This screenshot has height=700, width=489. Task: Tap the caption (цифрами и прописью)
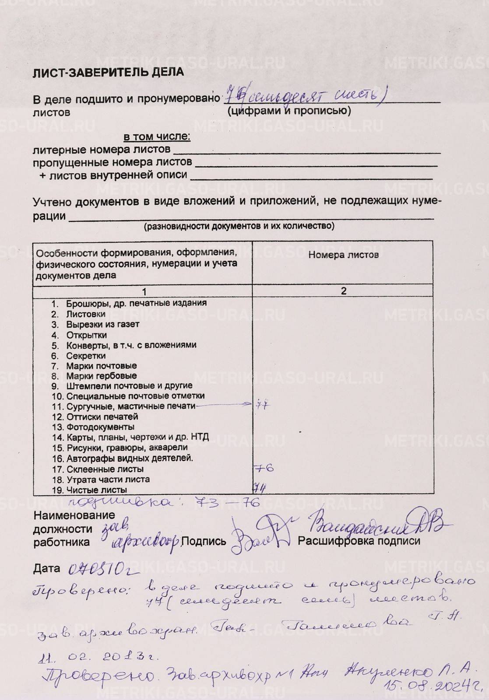click(289, 111)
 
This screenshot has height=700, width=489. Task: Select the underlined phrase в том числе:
click(157, 137)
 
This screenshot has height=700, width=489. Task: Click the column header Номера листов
click(343, 255)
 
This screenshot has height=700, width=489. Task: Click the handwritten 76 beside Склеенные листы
click(264, 468)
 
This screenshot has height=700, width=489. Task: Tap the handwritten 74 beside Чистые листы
click(260, 487)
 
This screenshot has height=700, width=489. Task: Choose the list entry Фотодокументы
click(100, 427)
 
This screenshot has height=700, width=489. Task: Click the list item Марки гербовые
click(101, 376)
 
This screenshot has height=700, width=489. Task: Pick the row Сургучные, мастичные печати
click(130, 406)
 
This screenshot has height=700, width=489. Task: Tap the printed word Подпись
click(204, 541)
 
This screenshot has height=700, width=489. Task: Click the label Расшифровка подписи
click(359, 541)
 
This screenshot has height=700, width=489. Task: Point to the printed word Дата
click(46, 569)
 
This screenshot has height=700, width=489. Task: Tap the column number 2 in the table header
click(343, 291)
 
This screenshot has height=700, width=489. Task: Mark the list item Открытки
click(86, 335)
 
